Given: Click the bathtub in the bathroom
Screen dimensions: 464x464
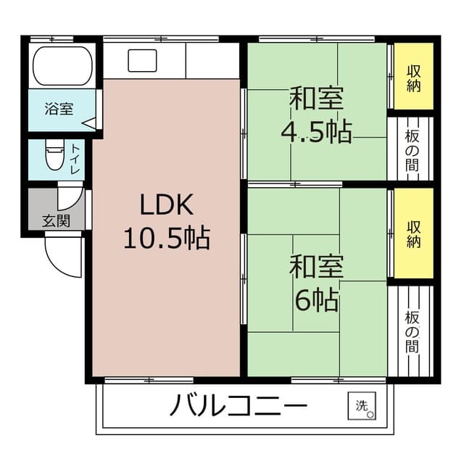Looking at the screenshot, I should pyautogui.click(x=64, y=66).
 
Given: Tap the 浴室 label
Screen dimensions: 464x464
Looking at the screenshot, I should pyautogui.click(x=59, y=109).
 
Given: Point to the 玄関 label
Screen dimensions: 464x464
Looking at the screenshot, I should pyautogui.click(x=56, y=220).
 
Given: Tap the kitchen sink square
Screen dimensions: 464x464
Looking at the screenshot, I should pyautogui.click(x=142, y=61).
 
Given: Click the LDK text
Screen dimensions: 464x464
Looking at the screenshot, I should pyautogui.click(x=166, y=206).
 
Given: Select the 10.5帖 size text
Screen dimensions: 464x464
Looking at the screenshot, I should pyautogui.click(x=166, y=237).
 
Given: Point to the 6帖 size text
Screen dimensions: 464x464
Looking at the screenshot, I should pyautogui.click(x=316, y=299).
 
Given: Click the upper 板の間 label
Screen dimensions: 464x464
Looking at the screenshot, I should pyautogui.click(x=412, y=149).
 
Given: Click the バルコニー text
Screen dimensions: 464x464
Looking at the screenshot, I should pyautogui.click(x=239, y=406).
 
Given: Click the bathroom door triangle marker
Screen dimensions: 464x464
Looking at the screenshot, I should pyautogui.click(x=89, y=124).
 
